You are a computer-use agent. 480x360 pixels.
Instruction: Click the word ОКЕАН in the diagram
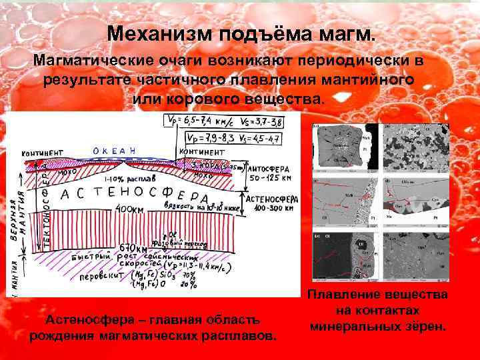[114, 151]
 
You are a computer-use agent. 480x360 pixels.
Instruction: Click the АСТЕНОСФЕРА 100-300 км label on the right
[273, 204]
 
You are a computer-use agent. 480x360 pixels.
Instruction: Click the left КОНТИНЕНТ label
[42, 153]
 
